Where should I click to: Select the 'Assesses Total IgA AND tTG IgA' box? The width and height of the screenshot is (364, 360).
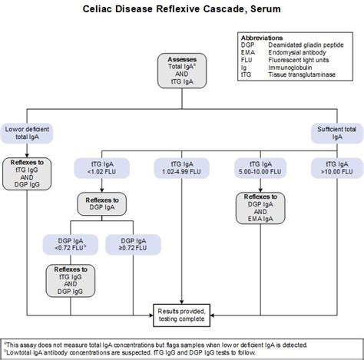181,73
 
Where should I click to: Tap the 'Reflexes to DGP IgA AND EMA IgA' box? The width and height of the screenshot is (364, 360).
257,207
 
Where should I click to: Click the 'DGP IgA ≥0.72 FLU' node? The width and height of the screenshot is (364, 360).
129,243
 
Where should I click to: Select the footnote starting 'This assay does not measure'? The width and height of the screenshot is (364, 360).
154,343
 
